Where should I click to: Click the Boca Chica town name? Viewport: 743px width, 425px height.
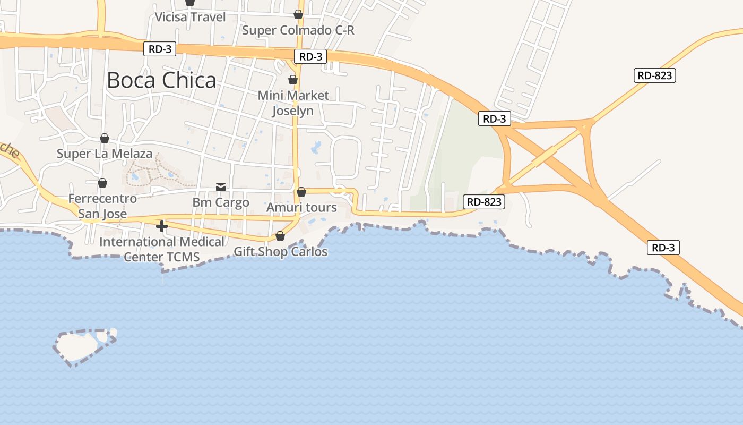point(161,80)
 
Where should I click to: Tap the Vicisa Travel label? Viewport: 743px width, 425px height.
point(190,17)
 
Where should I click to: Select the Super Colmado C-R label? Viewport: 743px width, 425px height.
point(298,30)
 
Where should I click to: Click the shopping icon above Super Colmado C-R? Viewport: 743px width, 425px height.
point(298,14)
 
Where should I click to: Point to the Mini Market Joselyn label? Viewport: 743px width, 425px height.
point(293,103)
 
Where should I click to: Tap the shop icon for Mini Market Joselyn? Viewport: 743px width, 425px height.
point(292,80)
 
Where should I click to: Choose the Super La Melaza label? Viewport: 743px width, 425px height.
point(105,154)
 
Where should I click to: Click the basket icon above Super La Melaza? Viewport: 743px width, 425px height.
point(105,138)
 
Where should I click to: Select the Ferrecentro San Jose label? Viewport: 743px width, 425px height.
point(102,206)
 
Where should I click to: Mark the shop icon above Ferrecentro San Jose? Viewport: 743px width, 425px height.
point(102,183)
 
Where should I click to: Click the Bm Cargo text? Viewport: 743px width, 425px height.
point(221,202)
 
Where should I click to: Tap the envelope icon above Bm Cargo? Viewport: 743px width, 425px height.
point(221,186)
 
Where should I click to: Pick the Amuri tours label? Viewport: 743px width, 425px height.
point(301,207)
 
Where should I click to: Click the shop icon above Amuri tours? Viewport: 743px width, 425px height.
point(301,191)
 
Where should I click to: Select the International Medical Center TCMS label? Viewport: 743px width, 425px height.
point(162,250)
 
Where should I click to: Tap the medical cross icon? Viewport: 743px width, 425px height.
point(162,227)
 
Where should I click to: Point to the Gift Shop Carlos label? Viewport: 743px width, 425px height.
point(281,252)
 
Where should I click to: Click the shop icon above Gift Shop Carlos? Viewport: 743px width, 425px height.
point(280,236)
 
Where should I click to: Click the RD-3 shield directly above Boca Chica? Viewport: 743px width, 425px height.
point(159,49)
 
